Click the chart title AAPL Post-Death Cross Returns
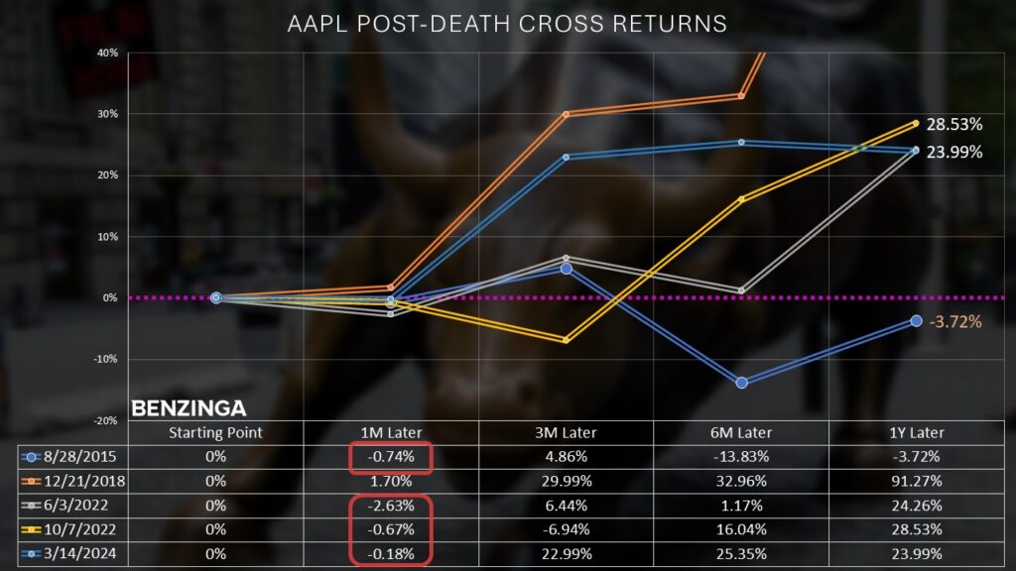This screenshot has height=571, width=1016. [507, 22]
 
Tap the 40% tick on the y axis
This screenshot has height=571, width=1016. [107, 52]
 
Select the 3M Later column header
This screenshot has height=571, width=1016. [567, 432]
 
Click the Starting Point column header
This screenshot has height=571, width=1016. [215, 432]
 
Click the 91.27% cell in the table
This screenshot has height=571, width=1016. [916, 481]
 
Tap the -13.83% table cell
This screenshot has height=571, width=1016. [741, 457]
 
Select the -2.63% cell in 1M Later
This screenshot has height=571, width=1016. [391, 505]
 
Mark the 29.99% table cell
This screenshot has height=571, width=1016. [567, 481]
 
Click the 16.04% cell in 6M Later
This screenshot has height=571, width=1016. [741, 528]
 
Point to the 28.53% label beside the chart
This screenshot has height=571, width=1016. [953, 125]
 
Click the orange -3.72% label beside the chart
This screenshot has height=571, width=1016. [953, 321]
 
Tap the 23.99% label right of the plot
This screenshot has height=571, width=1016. [953, 152]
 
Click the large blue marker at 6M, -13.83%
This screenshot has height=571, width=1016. [741, 383]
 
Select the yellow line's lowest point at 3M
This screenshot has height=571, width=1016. [567, 340]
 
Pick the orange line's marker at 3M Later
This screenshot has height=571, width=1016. [567, 114]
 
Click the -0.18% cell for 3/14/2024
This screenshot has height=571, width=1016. [391, 552]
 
